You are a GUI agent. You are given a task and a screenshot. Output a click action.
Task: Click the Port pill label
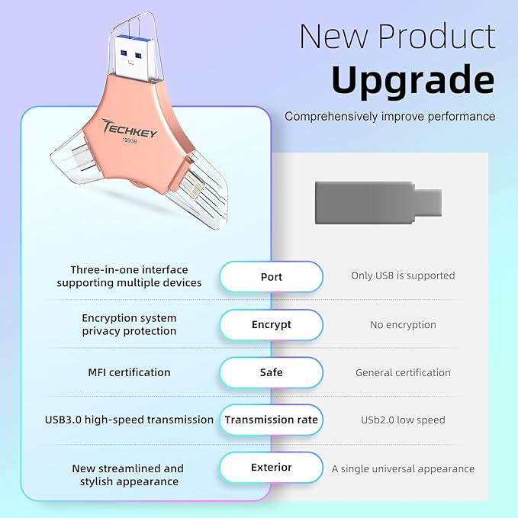pos(271,276)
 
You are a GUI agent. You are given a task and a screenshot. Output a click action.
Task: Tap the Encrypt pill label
pos(271,324)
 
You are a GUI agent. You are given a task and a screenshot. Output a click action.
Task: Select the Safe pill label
pos(271,372)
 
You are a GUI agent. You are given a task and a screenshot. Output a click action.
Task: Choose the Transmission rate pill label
pos(271,420)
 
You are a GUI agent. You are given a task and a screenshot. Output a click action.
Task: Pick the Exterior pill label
pos(271,467)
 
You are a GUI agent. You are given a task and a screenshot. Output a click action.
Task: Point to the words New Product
pos(397,36)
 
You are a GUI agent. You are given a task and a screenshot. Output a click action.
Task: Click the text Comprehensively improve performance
pos(390,117)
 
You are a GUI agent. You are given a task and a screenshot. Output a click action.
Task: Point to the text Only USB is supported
pos(403,276)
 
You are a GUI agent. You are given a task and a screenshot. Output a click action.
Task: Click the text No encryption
pos(403,325)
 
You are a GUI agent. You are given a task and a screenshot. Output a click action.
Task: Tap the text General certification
pos(403,373)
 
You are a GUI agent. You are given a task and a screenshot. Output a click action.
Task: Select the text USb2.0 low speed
pos(403,420)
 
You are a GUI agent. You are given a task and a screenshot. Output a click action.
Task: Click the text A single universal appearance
pos(403,469)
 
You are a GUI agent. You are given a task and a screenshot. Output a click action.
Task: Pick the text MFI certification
pos(129,372)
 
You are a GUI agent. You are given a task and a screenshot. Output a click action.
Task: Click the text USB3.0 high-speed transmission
pos(129,420)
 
